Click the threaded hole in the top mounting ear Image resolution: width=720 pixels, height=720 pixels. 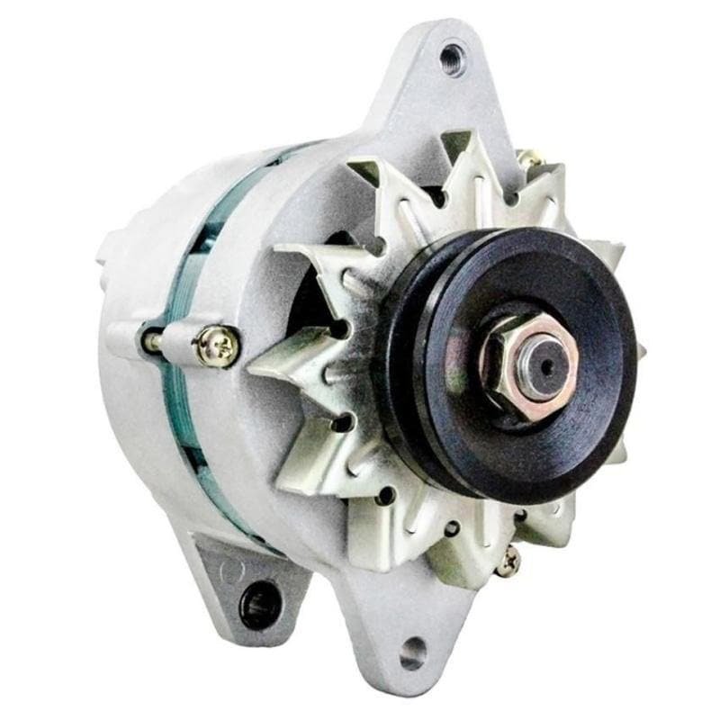coord(452,58)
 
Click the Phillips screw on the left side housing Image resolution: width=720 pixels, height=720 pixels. coord(218,344)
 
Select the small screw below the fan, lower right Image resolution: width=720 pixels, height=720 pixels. coord(508,560)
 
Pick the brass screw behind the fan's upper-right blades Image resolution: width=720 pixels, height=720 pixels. coord(531,160)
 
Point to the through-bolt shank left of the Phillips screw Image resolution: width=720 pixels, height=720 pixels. coord(151,341)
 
